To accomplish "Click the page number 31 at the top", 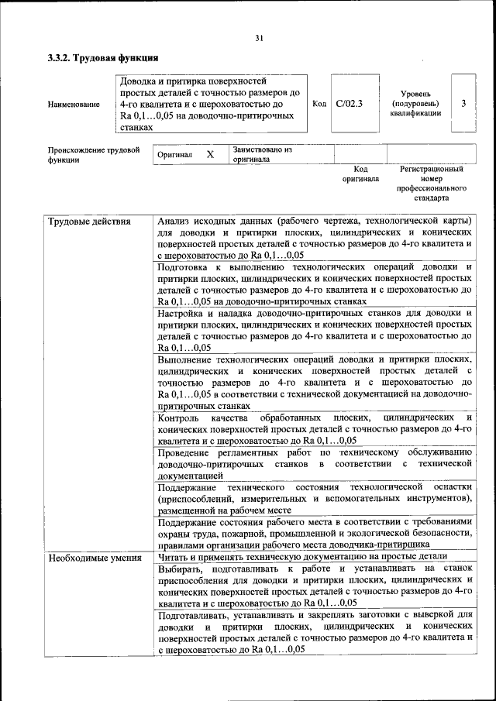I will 259,38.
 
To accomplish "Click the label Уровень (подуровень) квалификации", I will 415,103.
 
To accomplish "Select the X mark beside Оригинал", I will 210,154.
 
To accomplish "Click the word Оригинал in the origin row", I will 174,154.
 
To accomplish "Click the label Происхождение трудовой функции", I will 93,154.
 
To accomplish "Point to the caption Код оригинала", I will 360,174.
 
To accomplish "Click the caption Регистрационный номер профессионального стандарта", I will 431,183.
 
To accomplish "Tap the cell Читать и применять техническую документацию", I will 302,557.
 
